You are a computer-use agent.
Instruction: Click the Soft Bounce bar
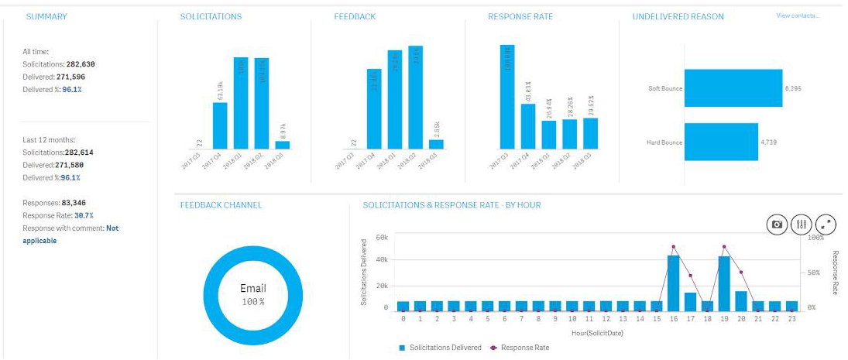[733, 88]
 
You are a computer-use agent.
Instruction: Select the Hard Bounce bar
[720, 142]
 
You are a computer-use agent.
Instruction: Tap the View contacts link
[798, 15]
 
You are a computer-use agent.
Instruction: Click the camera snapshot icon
[777, 225]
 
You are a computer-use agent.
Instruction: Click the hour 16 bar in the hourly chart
[674, 283]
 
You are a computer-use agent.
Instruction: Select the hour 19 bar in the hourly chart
[724, 283]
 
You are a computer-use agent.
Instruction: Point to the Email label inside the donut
[253, 289]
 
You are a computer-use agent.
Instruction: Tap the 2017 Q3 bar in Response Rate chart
[507, 96]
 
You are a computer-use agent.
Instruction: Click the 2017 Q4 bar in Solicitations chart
[220, 125]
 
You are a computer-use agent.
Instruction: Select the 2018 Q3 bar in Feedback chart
[437, 144]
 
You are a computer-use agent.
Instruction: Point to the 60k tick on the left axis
[381, 237]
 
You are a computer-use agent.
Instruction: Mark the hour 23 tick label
[791, 318]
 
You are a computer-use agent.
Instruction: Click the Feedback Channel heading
[221, 205]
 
